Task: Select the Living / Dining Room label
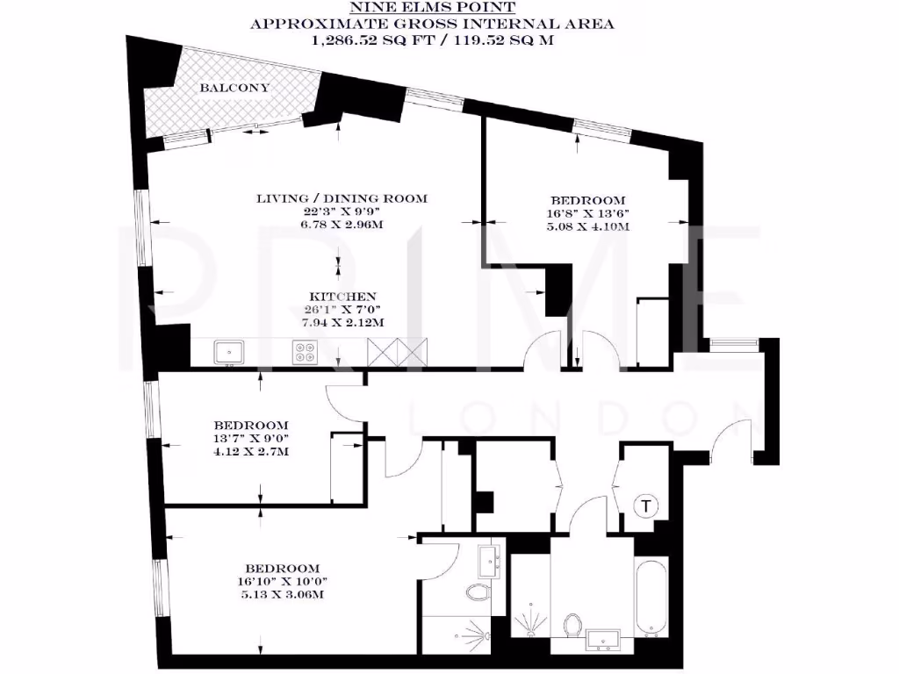click(342, 198)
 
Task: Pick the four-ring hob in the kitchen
click(306, 352)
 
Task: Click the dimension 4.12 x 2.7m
click(239, 451)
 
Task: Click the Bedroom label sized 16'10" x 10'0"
click(282, 568)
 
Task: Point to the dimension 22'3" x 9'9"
click(342, 212)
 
